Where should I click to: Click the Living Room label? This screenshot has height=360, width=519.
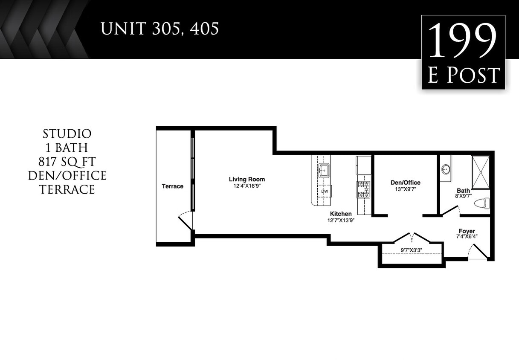(x=246, y=179)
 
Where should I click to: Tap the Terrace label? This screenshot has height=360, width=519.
(x=172, y=186)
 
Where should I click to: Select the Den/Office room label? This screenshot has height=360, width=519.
(x=405, y=183)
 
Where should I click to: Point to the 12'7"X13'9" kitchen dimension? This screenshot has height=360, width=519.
(x=341, y=221)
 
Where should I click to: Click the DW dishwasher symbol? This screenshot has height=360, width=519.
(x=325, y=192)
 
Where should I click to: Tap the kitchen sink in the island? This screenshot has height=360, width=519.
(x=324, y=170)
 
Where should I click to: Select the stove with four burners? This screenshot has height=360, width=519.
(x=364, y=189)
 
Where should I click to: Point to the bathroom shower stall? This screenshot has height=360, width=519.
(x=481, y=172)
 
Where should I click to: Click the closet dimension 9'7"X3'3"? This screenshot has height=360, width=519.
(x=411, y=250)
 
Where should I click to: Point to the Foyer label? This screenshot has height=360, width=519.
(x=467, y=231)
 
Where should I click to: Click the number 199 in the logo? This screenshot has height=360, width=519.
(x=463, y=41)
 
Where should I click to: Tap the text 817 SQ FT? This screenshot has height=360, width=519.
(x=67, y=162)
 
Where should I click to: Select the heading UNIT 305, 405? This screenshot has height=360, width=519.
(x=159, y=29)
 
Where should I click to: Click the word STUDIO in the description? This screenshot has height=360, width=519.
(x=67, y=134)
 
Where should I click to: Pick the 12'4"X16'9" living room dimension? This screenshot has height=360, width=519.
(x=246, y=186)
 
